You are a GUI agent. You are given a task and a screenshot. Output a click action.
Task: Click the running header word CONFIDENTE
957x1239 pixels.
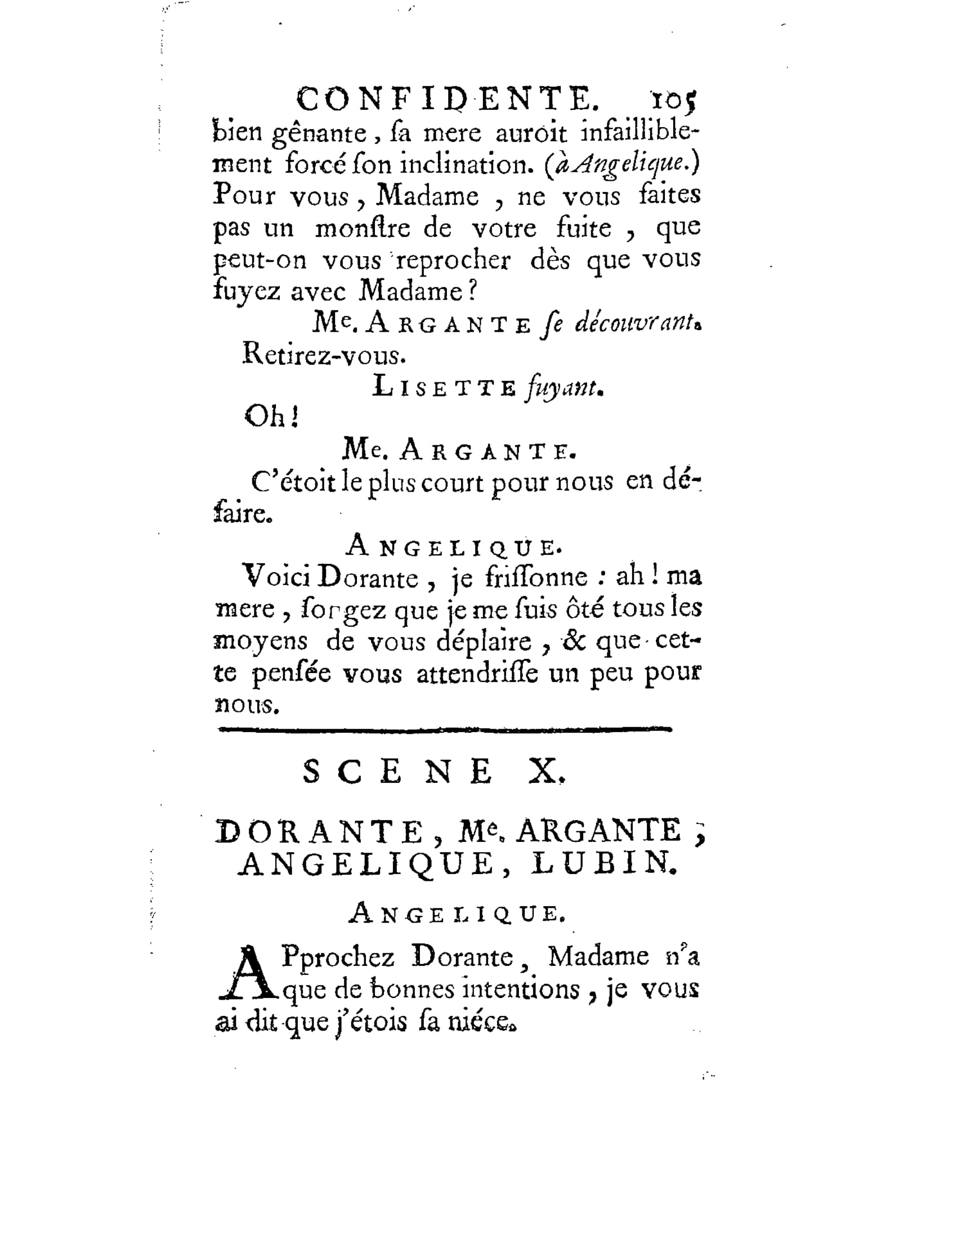coord(448,100)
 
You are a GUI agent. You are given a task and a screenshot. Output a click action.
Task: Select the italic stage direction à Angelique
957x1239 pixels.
coord(621,164)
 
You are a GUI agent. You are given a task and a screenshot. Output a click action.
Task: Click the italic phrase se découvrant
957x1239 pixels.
coord(621,323)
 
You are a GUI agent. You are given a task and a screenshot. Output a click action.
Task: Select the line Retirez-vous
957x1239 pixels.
coord(324,355)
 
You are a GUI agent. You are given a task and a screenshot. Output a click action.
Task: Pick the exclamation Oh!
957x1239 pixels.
coord(271,418)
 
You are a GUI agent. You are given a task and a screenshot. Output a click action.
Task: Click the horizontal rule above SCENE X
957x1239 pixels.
coord(445,729)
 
